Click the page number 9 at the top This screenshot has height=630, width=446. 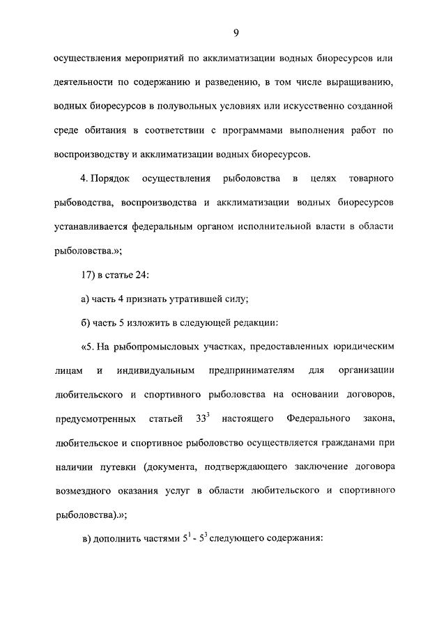pos(236,31)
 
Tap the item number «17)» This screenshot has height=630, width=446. pos(89,274)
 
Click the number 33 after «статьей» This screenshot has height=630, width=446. pos(196,418)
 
